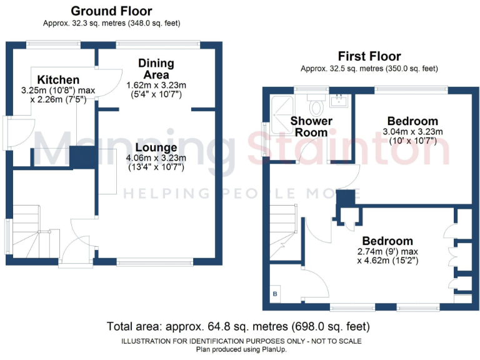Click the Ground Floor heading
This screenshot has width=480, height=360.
pos(111,11)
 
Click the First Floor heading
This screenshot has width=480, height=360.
pos(369,56)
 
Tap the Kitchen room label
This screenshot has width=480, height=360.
pos(58,79)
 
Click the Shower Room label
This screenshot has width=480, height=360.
pos(311,126)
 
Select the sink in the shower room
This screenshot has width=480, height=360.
pos(341,99)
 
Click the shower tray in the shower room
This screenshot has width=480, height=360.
pos(280,107)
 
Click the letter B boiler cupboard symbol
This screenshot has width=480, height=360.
pos(275,293)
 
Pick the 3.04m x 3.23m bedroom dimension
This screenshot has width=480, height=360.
pos(412,132)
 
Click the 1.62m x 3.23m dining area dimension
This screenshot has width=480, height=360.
pos(156,85)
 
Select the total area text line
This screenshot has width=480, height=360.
pos(238,326)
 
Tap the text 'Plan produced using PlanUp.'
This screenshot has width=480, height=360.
pos(241,349)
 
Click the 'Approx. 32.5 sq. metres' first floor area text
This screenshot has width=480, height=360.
pos(369,69)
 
